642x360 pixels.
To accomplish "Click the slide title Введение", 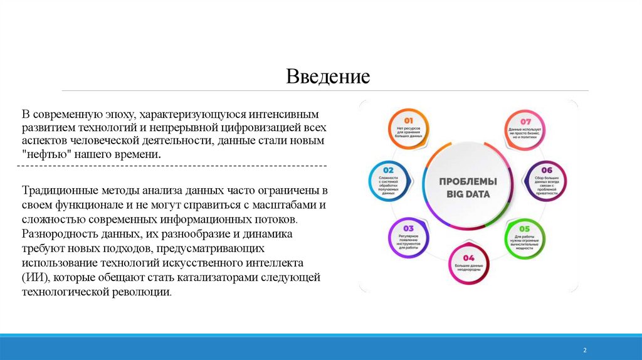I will (x=328, y=77).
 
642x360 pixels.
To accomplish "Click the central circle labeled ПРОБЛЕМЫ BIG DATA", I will (x=468, y=188).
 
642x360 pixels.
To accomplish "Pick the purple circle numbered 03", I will (x=408, y=238).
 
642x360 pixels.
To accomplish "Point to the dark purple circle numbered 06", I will (x=546, y=181).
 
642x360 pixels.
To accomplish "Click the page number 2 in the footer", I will (x=584, y=350).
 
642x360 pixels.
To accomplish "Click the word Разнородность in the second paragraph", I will (x=60, y=234).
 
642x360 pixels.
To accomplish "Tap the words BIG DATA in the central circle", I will (x=468, y=194).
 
